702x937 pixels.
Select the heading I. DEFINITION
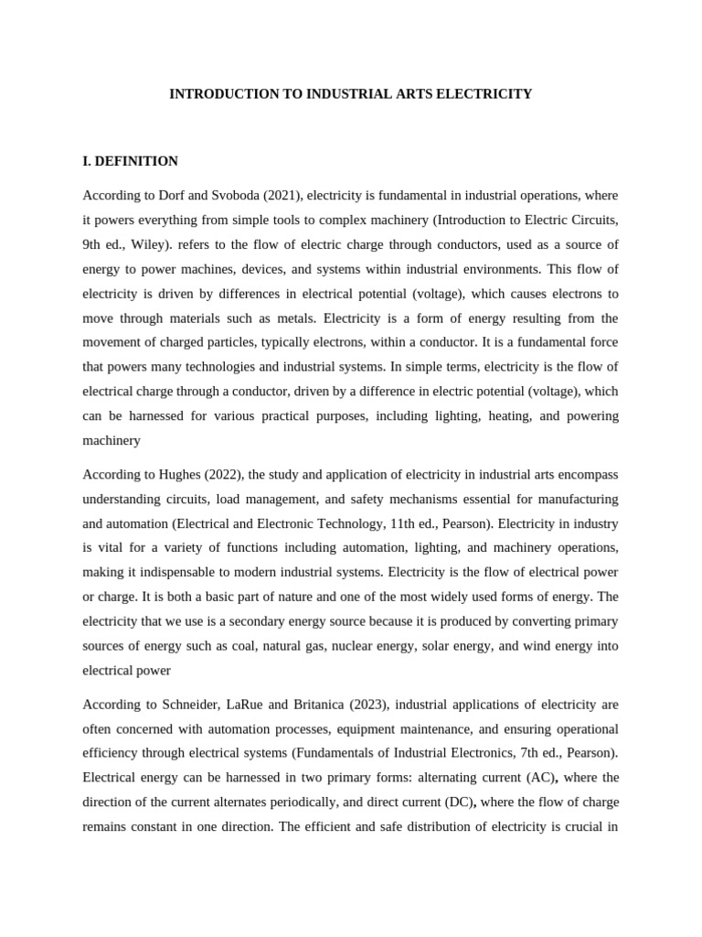coord(130,161)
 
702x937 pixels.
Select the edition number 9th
coord(95,245)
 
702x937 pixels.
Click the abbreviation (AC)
coord(536,778)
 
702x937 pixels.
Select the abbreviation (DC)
coord(454,802)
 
